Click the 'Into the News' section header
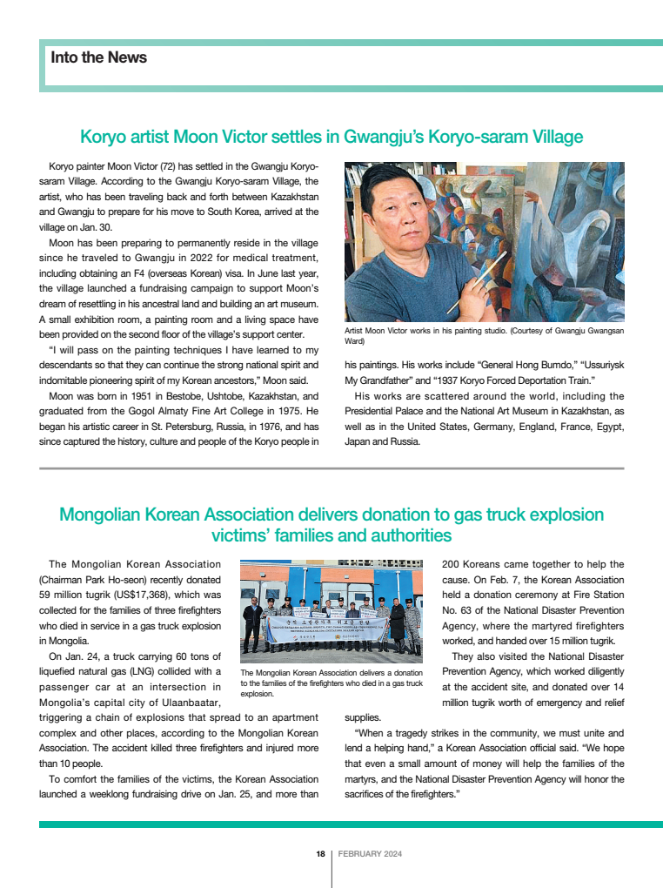[99, 57]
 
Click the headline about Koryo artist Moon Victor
[331, 137]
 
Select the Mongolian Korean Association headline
[331, 523]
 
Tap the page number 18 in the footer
[320, 854]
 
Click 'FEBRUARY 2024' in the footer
[370, 854]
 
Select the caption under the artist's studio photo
[484, 336]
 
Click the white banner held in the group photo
[331, 634]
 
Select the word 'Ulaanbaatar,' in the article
[183, 703]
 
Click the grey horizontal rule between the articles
[331, 468]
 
